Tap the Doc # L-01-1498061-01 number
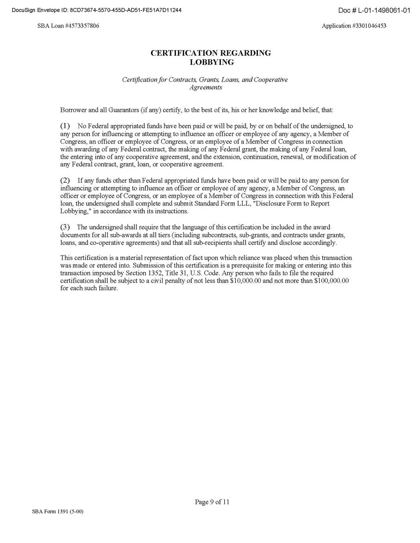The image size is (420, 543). pyautogui.click(x=374, y=10)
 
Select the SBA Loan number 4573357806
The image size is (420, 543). pyautogui.click(x=82, y=26)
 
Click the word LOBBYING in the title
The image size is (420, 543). pyautogui.click(x=211, y=62)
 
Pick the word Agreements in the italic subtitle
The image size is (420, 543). pyautogui.click(x=206, y=87)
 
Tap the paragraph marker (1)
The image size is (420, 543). pyautogui.click(x=65, y=126)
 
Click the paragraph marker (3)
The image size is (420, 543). pyautogui.click(x=65, y=227)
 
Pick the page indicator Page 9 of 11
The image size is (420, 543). pyautogui.click(x=212, y=503)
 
